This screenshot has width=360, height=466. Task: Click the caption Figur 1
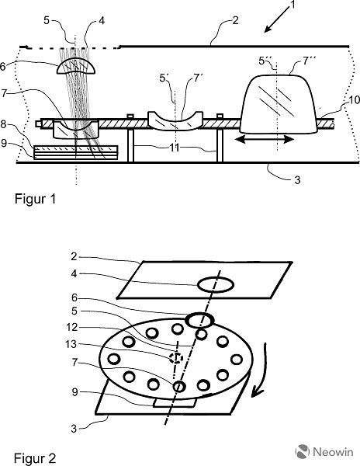(x=36, y=199)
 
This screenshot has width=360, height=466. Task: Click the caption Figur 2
(x=35, y=458)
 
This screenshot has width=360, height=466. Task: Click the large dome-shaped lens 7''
(x=279, y=103)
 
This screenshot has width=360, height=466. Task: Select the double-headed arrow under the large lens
(x=265, y=139)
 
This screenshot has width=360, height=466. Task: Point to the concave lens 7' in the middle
(x=175, y=120)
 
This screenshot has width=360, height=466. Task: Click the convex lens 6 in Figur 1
(x=76, y=66)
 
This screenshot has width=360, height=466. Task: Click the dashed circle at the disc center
(x=175, y=358)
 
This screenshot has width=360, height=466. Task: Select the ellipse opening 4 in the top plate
(x=216, y=285)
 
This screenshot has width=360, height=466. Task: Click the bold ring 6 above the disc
(x=199, y=320)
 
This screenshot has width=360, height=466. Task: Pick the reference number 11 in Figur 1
(x=175, y=148)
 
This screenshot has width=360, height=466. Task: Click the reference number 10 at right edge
(x=354, y=100)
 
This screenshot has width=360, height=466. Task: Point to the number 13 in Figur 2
(x=71, y=344)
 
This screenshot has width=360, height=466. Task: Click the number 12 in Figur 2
(x=71, y=327)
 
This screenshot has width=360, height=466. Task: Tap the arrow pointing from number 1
(x=276, y=19)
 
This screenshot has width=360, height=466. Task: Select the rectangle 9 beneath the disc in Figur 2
(x=175, y=403)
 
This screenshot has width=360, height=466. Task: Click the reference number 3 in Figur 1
(x=297, y=180)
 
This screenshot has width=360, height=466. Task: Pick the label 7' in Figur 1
(x=199, y=78)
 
